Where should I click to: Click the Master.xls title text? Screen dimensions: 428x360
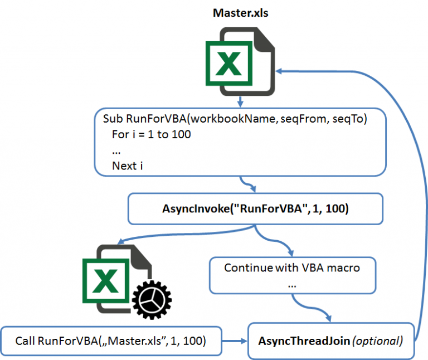[241, 13]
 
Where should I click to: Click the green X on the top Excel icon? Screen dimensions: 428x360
[228, 64]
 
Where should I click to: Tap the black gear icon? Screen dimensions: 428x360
[152, 300]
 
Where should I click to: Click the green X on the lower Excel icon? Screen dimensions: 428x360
[106, 281]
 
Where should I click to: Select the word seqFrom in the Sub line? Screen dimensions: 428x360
[303, 119]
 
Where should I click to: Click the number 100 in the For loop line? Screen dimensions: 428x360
[181, 134]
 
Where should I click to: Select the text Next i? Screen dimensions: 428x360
[128, 166]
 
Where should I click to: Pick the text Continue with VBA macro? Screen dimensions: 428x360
[292, 267]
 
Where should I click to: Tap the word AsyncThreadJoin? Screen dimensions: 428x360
[304, 341]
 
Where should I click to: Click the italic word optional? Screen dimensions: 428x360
[377, 341]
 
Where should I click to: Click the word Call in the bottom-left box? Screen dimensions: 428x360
[25, 340]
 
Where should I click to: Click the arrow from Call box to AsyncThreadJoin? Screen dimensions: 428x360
[235, 340]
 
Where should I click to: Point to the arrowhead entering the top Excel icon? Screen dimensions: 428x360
[279, 71]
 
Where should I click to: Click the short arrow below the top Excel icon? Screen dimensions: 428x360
[240, 101]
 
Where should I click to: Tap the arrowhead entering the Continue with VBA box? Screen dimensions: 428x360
[291, 254]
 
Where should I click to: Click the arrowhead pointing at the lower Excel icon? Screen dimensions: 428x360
[121, 241]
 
